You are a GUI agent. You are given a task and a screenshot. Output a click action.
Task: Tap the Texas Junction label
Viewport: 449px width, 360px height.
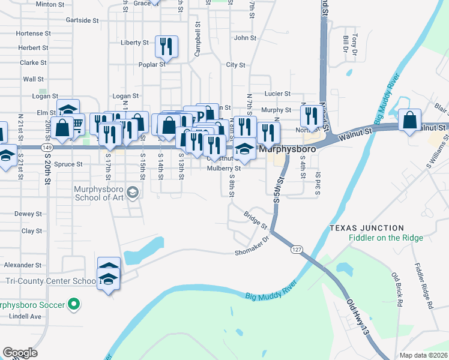[x=366, y=228]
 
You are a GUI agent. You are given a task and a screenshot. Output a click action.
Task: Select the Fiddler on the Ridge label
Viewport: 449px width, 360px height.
[x=386, y=238]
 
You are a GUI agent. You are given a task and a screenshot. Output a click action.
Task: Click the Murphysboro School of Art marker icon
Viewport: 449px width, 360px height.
[x=133, y=193]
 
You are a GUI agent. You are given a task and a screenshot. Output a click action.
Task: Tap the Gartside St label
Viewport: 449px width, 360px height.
[x=82, y=20]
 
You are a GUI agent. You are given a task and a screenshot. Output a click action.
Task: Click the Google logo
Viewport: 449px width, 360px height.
[x=20, y=353]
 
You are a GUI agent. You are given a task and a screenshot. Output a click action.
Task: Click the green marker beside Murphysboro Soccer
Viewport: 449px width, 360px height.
[x=74, y=305]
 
